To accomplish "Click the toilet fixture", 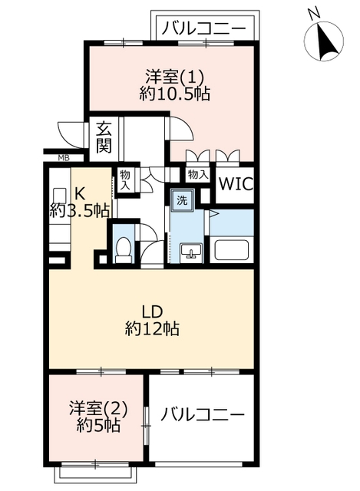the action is click(123, 250).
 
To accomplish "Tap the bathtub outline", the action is click(232, 250).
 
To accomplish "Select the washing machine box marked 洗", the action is click(182, 200).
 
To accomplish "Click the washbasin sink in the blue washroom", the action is click(191, 251).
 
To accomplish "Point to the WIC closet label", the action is click(236, 184).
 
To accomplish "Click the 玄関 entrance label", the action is click(104, 137).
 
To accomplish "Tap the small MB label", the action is click(64, 158).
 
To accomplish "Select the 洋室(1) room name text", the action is click(174, 77).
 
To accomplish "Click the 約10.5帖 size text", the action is click(174, 93).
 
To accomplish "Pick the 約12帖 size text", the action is click(152, 328).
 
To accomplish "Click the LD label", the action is click(152, 312).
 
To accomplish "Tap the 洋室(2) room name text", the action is click(98, 409).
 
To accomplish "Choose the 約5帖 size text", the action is click(98, 426).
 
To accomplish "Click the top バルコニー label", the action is click(203, 29).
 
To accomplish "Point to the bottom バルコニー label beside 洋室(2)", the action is click(202, 415).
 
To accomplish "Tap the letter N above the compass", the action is click(314, 14).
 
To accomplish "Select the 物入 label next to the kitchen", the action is click(125, 180).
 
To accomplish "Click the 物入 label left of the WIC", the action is click(198, 174).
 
